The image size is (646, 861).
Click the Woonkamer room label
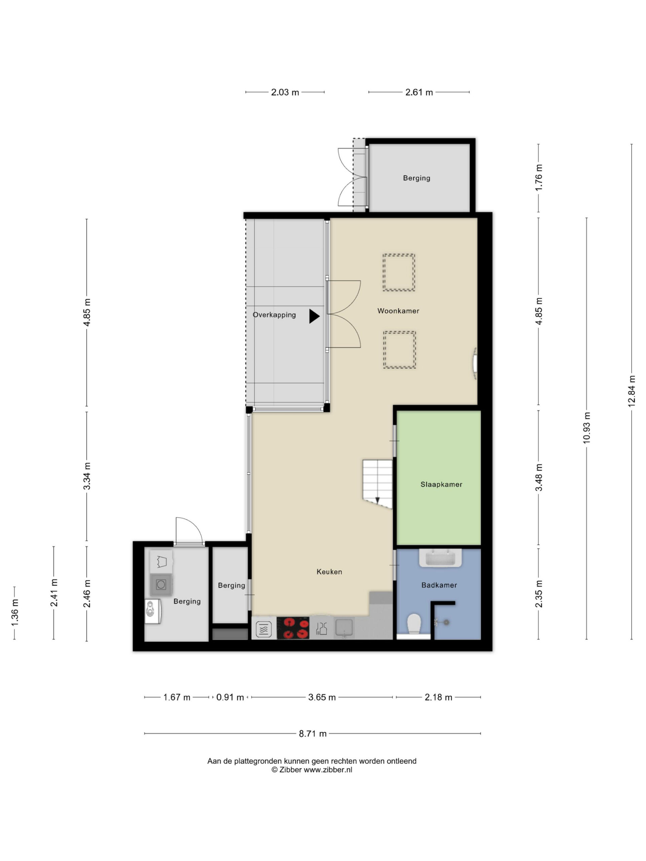[398, 311]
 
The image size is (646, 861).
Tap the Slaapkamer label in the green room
[441, 484]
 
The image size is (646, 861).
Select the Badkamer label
[439, 585]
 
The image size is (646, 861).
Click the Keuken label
[329, 572]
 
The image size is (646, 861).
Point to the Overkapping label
[274, 315]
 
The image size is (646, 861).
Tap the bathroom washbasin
[440, 558]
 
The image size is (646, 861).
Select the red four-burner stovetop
[293, 628]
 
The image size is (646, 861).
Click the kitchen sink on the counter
[344, 628]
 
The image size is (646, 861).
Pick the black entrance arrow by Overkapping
[314, 316]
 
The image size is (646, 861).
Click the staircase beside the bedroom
[377, 483]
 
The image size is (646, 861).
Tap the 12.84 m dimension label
[632, 391]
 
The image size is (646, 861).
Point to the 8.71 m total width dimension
[313, 734]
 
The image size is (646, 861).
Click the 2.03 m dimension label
[285, 92]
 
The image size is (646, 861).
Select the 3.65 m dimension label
[322, 697]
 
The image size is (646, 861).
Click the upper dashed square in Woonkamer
[398, 272]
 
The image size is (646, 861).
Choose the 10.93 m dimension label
[587, 427]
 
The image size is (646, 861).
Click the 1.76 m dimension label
[539, 178]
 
